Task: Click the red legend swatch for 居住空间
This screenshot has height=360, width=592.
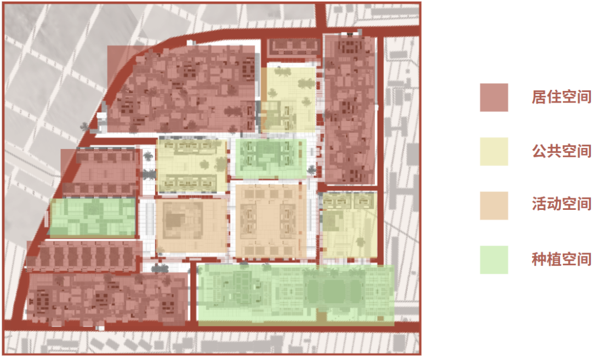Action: pyautogui.click(x=493, y=98)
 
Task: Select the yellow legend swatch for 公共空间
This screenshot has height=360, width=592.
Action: pyautogui.click(x=493, y=151)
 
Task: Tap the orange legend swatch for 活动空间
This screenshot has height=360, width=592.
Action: pyautogui.click(x=493, y=205)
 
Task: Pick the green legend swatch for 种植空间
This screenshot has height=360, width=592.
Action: pyautogui.click(x=493, y=260)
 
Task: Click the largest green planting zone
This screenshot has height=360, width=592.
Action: pyautogui.click(x=295, y=295)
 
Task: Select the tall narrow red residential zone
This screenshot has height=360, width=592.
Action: pyautogui.click(x=350, y=110)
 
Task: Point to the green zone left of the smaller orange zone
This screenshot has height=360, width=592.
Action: pyautogui.click(x=93, y=217)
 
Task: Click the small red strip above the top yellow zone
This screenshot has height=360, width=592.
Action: pyautogui.click(x=293, y=48)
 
